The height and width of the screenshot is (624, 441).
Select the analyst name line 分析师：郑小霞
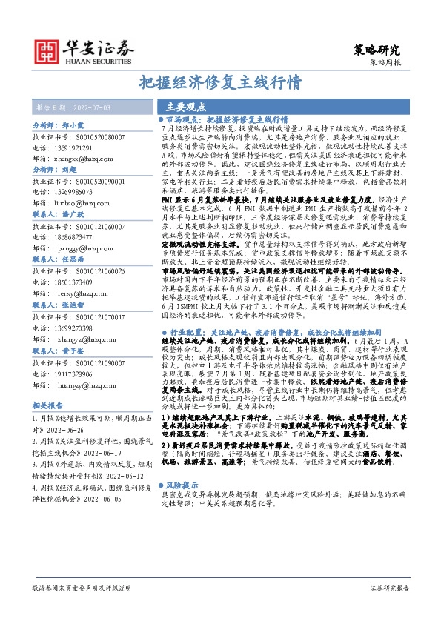coord(60,127)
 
